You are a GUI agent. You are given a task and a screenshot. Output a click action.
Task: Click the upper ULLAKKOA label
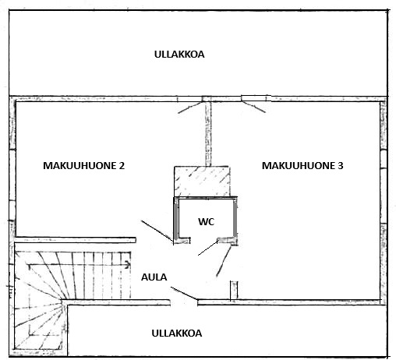[x=179, y=55]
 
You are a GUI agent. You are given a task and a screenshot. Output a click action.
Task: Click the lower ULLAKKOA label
[x=177, y=334]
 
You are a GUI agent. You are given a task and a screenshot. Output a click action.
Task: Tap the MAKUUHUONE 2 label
[x=83, y=165]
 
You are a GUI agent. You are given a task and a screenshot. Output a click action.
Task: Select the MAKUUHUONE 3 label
[x=302, y=165]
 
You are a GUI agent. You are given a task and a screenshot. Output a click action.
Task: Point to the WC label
[x=207, y=221]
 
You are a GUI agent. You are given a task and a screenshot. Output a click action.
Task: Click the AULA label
[x=154, y=277]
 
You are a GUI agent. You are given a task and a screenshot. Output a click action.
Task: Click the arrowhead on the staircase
[x=128, y=265]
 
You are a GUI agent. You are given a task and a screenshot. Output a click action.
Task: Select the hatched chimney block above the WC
[x=202, y=182]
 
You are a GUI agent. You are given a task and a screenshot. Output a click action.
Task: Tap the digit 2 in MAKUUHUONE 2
[x=122, y=165]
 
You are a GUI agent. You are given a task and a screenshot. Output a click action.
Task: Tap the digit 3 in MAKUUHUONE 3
[x=341, y=165]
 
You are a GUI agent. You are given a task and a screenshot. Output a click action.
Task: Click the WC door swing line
[x=208, y=248]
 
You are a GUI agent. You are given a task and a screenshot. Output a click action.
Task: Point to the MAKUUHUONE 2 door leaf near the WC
[x=157, y=231]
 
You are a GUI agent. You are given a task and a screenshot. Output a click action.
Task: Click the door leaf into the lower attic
[x=184, y=293]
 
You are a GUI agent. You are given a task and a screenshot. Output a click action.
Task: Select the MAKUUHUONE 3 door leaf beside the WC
[x=224, y=261]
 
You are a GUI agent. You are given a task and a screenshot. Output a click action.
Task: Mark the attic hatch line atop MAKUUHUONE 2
[x=190, y=108]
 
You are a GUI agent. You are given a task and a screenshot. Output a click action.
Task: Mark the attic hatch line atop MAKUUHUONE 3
[x=253, y=107]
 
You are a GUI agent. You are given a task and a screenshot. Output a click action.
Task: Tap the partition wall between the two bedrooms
[x=208, y=134]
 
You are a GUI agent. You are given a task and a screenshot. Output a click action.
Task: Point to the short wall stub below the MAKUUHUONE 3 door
[x=234, y=291]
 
